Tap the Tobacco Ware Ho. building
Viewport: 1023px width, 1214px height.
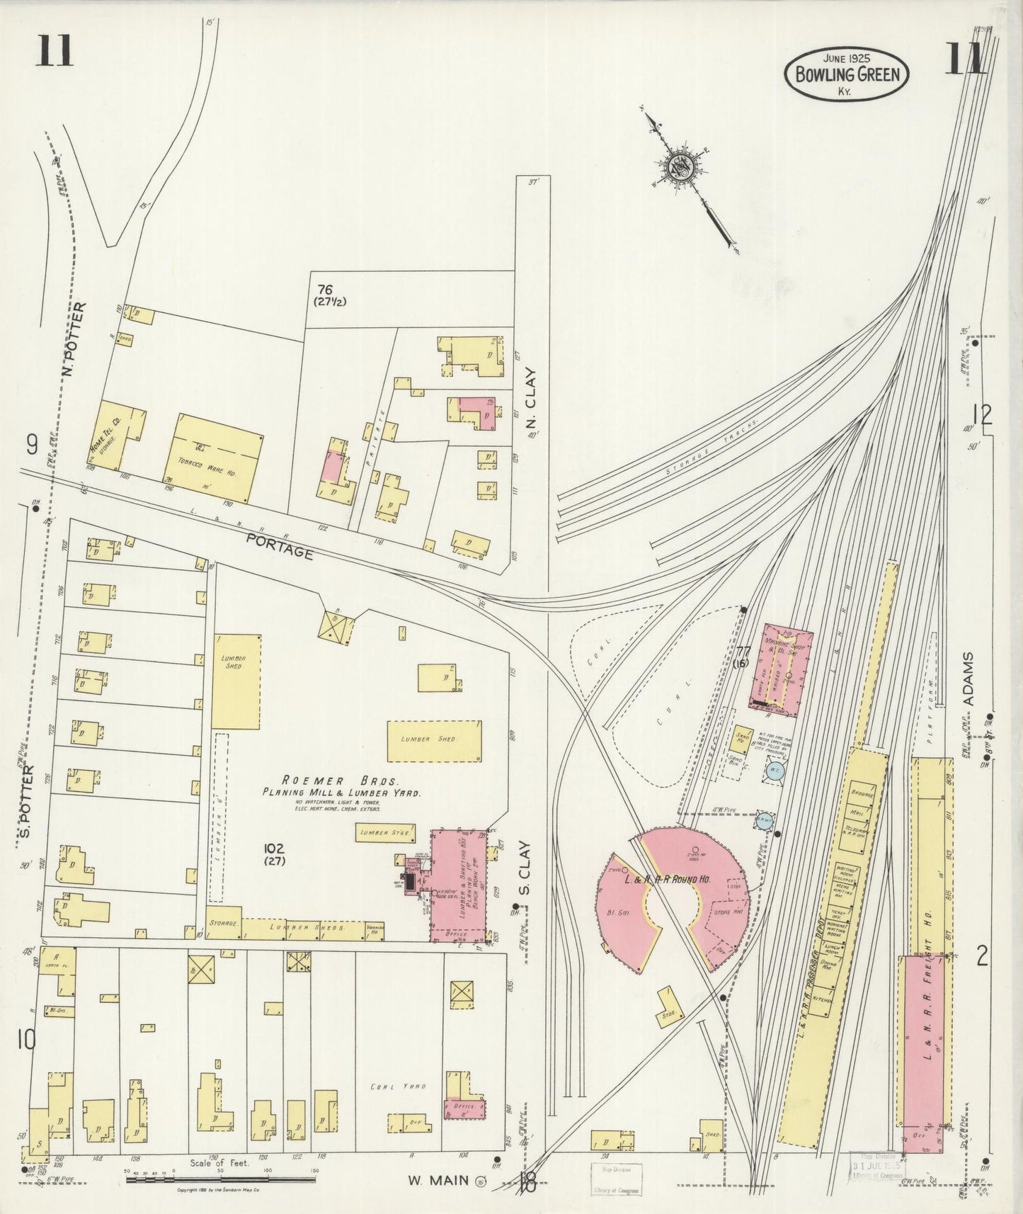coord(213,458)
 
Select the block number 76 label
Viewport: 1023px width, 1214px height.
coord(325,289)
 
